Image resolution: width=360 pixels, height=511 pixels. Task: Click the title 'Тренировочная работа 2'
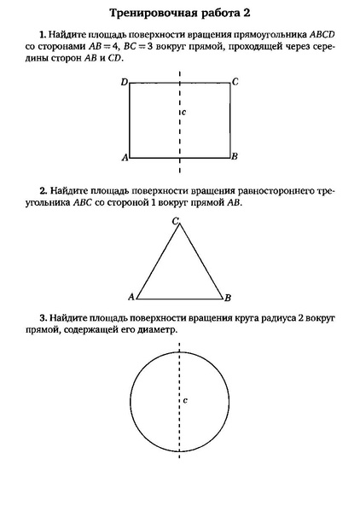point(180,15)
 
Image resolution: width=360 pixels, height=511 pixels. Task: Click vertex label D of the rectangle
point(124,82)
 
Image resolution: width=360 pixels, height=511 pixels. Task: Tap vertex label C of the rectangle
point(235,82)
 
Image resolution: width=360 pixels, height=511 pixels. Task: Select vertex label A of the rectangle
point(125,158)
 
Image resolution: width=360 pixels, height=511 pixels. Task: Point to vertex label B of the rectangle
point(235,158)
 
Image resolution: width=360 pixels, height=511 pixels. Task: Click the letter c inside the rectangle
point(184,112)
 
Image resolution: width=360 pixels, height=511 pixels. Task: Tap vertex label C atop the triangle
point(175,221)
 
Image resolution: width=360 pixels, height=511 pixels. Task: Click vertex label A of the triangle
point(131,297)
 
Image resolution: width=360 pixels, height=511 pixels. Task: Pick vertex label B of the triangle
point(227,298)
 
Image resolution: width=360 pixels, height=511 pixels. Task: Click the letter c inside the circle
point(185,399)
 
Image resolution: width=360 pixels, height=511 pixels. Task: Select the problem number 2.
point(42,190)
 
